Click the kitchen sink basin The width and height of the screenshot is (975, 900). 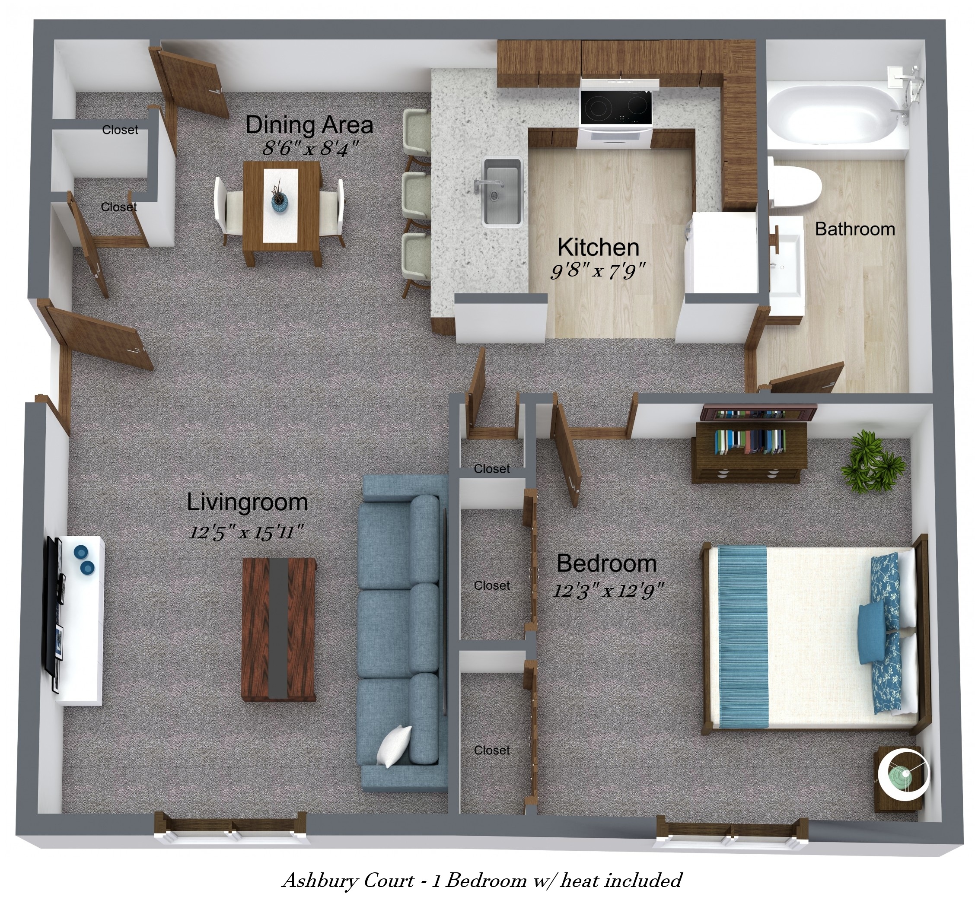click(x=502, y=192)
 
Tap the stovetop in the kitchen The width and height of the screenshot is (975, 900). click(x=615, y=107)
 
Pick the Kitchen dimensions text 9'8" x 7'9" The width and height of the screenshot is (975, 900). click(x=598, y=271)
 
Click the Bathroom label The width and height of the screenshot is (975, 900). click(x=855, y=229)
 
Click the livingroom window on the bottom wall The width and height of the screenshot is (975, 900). click(x=230, y=827)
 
